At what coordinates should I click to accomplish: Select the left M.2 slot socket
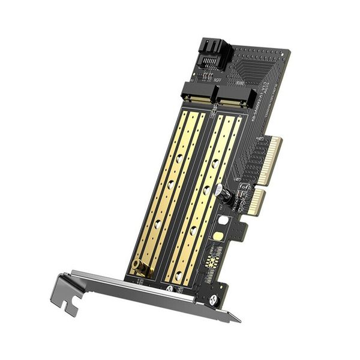tap(198, 94)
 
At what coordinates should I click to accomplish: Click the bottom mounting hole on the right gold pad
tap(178, 274)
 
